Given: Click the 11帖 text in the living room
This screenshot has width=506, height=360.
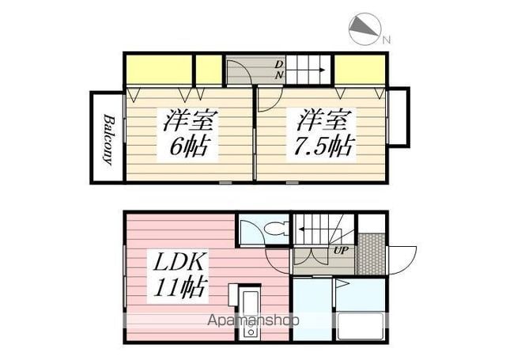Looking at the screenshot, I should click(178, 286).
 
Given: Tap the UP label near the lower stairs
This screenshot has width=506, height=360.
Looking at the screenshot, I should click(342, 251).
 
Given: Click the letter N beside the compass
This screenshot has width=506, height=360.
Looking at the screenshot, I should click(387, 39).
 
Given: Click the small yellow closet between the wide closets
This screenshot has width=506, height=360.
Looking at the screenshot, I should click(208, 70).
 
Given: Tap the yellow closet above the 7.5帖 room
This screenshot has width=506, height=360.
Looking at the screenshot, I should click(360, 70).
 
